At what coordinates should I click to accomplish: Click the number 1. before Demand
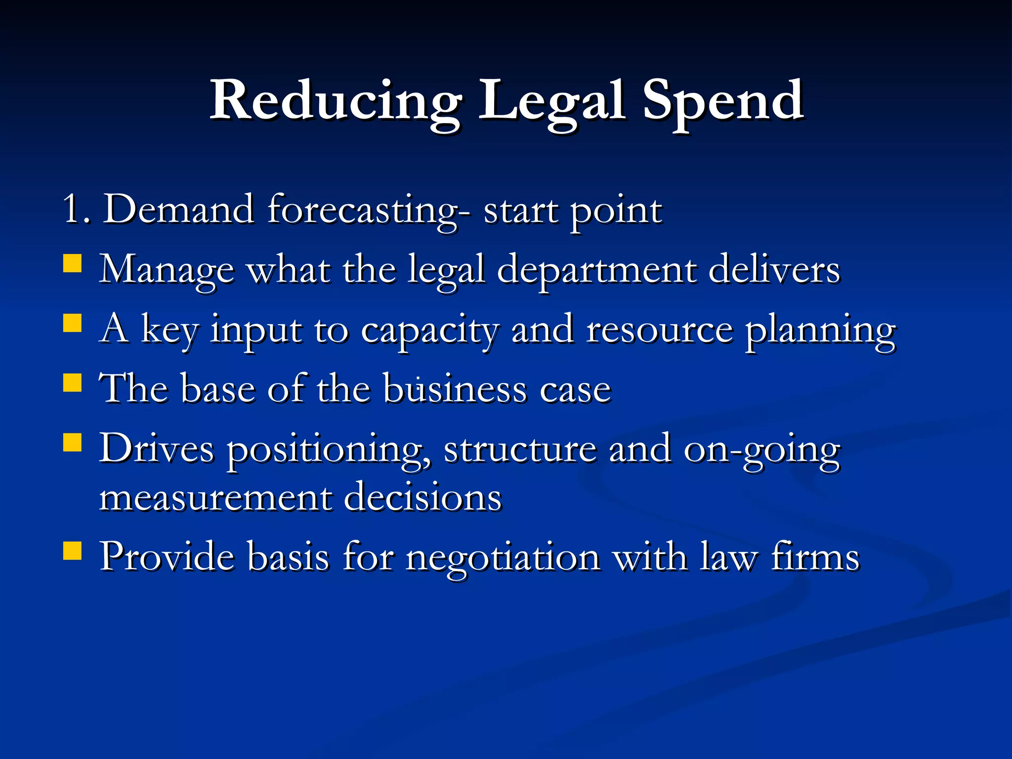(77, 210)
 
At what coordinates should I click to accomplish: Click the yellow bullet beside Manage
(73, 263)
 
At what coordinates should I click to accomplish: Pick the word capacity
(430, 331)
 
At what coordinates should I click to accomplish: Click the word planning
(820, 331)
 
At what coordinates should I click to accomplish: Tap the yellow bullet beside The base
(73, 382)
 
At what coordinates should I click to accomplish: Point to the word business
(455, 389)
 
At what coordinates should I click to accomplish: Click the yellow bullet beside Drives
(73, 443)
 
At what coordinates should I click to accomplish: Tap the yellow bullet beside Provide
(73, 550)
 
